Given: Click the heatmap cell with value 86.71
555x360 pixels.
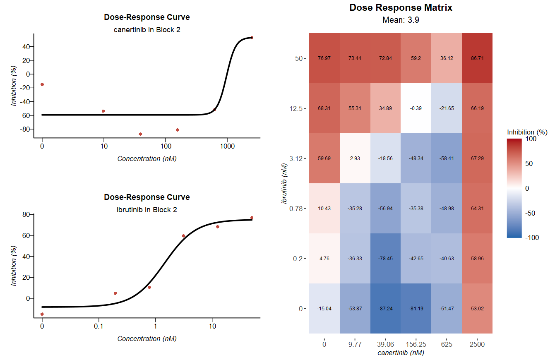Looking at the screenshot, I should click(x=477, y=58).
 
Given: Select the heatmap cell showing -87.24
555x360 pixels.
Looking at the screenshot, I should click(x=385, y=308).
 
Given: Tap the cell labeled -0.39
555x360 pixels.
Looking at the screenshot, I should click(x=416, y=108).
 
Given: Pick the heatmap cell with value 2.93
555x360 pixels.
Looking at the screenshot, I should click(x=355, y=158).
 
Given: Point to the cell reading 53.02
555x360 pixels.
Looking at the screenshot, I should click(x=477, y=308).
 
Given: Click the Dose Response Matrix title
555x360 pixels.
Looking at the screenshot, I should click(x=401, y=7).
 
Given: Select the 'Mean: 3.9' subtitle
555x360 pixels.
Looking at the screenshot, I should click(x=401, y=19).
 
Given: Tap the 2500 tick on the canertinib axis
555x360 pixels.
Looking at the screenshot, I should click(x=477, y=344).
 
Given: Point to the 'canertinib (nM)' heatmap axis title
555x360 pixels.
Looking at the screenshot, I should click(x=401, y=353).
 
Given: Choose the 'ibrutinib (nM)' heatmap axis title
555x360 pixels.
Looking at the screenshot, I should click(x=284, y=183).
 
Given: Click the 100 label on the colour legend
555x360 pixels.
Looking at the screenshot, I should click(x=531, y=139).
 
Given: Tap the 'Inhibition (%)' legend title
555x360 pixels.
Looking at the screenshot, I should click(x=527, y=132).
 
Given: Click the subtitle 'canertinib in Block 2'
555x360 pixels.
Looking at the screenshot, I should click(x=147, y=30).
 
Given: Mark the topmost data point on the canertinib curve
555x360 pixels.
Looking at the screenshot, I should click(x=252, y=38).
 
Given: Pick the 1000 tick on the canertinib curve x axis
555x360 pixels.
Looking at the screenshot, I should click(x=227, y=146).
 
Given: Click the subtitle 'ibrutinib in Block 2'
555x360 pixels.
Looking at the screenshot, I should click(x=147, y=210).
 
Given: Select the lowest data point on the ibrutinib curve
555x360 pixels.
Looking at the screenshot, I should click(x=42, y=314).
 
